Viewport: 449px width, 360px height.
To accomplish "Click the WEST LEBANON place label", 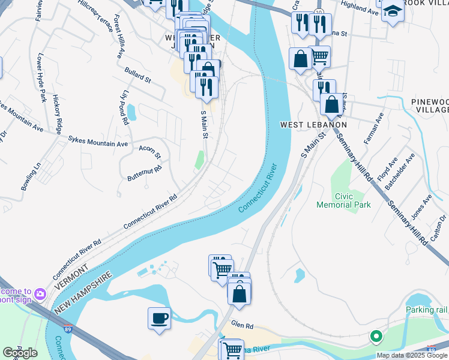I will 314,125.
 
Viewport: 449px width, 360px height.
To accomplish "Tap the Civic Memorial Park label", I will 344,200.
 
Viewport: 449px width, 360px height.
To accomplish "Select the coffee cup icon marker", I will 159,318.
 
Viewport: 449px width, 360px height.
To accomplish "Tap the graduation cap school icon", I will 393,12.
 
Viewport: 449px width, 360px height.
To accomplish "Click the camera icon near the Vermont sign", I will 40,293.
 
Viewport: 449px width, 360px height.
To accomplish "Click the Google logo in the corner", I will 20,353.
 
